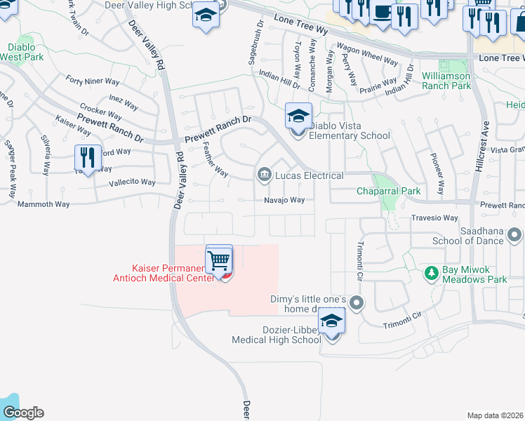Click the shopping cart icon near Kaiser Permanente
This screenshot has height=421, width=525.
click(219, 260)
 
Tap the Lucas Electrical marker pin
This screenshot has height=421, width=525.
click(264, 175)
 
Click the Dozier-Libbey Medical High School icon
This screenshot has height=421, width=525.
click(332, 323)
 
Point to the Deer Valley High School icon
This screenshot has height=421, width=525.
click(206, 15)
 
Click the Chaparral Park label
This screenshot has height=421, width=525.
click(388, 191)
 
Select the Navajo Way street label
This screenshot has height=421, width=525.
click(284, 200)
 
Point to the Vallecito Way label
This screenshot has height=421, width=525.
click(132, 182)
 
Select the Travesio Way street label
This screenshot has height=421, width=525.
click(434, 218)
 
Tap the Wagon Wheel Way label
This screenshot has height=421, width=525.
click(367, 55)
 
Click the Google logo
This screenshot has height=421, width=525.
click(22, 412)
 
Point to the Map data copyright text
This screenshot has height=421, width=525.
click(494, 415)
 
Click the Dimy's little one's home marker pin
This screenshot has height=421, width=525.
click(357, 303)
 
